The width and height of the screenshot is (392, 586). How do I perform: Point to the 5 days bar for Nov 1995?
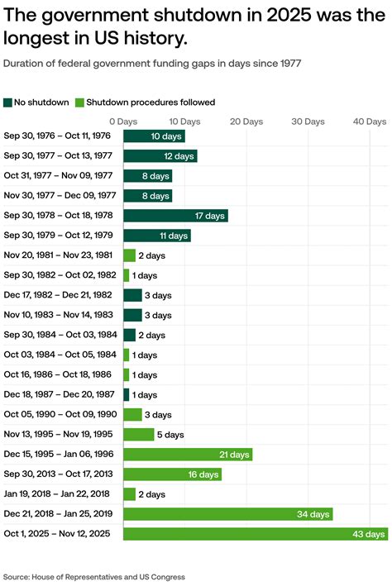(x=138, y=434)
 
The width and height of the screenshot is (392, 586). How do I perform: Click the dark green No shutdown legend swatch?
(x=8, y=102)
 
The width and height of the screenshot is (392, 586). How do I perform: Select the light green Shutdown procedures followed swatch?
(x=80, y=102)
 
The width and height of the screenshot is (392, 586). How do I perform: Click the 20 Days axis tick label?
(x=246, y=121)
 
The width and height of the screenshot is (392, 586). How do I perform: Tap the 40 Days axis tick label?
(x=370, y=121)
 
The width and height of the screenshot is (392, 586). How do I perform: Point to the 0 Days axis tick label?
(x=123, y=121)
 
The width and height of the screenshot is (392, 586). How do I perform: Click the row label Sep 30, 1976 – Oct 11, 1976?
(x=57, y=136)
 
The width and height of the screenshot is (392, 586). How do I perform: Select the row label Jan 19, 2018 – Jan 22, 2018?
(x=57, y=494)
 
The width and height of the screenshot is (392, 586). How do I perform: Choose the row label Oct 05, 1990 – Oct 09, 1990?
(x=57, y=414)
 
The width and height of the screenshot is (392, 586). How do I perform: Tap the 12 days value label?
(x=179, y=155)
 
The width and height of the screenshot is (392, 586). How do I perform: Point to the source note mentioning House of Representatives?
(x=93, y=576)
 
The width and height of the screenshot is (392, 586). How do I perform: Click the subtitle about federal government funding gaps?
(x=151, y=64)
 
